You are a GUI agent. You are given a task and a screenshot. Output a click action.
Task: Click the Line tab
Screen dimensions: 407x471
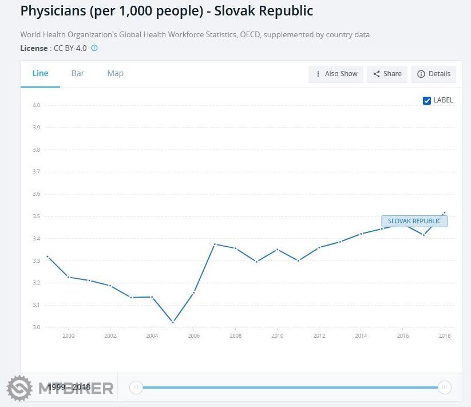(x=40, y=73)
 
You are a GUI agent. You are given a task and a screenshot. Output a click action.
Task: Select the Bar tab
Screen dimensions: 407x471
(x=78, y=73)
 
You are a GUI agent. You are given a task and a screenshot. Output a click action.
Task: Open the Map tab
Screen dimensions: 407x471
(x=115, y=73)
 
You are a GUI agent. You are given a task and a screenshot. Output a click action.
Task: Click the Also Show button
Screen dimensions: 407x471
(x=336, y=74)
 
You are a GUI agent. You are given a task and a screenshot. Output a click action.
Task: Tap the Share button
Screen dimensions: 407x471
(x=387, y=74)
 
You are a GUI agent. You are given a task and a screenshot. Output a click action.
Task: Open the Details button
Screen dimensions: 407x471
(x=434, y=74)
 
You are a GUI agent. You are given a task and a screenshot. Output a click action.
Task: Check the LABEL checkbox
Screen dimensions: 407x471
(x=427, y=100)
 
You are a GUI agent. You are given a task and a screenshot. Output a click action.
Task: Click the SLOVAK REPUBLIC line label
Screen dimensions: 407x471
(x=414, y=221)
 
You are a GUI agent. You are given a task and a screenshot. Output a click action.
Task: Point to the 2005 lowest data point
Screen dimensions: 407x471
(x=173, y=322)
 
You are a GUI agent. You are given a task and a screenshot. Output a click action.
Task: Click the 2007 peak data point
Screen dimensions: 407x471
(x=215, y=244)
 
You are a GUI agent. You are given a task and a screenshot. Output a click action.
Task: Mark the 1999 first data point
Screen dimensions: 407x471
(x=48, y=256)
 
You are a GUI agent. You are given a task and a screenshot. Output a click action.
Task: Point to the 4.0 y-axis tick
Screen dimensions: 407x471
(x=36, y=105)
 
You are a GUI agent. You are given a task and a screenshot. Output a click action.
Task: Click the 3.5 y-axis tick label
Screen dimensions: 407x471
(x=36, y=216)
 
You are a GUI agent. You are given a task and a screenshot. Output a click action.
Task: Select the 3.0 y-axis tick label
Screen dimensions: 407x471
(x=36, y=327)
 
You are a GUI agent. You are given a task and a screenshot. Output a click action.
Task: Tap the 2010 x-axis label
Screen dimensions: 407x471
(x=277, y=336)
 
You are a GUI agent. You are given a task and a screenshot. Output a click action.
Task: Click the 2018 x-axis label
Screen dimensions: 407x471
(x=444, y=336)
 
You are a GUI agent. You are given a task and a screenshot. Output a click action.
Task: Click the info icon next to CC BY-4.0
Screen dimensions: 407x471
(x=94, y=48)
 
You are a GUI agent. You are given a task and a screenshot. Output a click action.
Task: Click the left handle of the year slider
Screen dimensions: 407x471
(x=136, y=388)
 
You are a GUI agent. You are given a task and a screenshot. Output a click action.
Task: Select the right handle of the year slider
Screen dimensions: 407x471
(x=444, y=388)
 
